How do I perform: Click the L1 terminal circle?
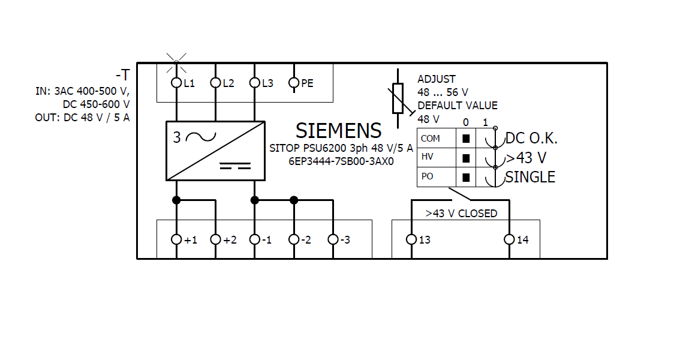pos(176,83)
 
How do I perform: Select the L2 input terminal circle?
pos(215,83)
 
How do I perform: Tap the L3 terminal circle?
pos(254,83)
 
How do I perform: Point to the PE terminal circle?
pos(294,83)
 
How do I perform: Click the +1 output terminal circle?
pos(176,239)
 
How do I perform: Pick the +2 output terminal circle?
pos(215,239)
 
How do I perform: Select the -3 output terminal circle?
pos(333,239)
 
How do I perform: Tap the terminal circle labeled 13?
pos(411,239)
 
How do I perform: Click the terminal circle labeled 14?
pos(509,239)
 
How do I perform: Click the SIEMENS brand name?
pos(338,131)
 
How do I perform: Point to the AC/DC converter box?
pos(215,151)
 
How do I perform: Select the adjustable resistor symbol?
pos(398,100)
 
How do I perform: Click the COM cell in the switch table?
pos(431,139)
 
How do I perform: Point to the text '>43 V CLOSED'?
pos(461,213)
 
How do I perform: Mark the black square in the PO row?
pos(466,178)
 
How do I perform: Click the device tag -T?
pos(122,75)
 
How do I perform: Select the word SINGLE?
pos(530,177)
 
